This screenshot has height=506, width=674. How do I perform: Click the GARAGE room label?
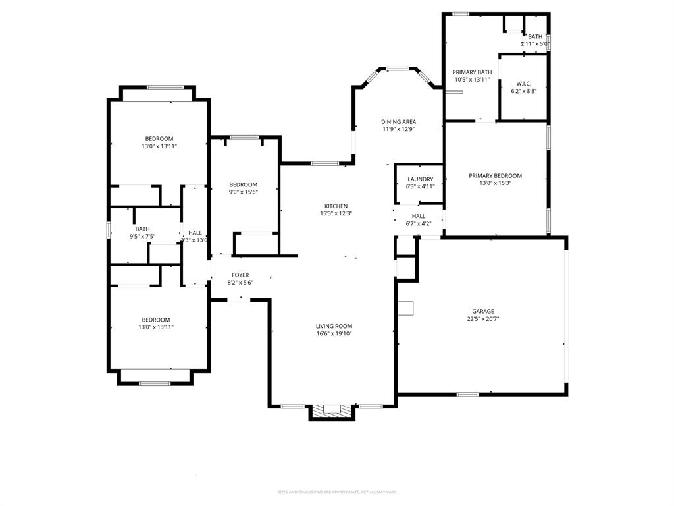point(482,312)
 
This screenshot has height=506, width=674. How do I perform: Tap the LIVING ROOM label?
point(334,326)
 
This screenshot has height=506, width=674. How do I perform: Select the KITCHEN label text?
point(336,206)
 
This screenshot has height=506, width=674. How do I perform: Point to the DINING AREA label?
point(398,122)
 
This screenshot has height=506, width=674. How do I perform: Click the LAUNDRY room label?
point(420,179)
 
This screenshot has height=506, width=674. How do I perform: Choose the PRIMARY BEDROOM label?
point(495,176)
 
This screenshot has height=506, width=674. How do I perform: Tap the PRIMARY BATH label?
point(472,72)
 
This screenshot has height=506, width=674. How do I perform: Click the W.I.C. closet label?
point(523,84)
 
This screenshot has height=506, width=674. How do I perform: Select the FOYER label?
point(240,275)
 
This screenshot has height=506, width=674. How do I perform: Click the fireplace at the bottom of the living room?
point(332,410)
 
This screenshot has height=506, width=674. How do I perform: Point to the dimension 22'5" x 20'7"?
point(482,319)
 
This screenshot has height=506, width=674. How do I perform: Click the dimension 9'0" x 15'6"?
point(243,192)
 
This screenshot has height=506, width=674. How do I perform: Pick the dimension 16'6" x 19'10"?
point(334,334)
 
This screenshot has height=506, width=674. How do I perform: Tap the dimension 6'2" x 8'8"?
point(523,91)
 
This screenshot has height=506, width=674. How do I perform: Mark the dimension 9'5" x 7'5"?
point(142,236)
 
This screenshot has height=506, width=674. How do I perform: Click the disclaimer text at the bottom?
point(337,492)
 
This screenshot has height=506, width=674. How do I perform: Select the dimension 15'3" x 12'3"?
point(336,213)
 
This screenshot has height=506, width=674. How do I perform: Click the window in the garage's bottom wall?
point(467,394)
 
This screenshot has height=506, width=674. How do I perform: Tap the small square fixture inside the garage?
point(405,308)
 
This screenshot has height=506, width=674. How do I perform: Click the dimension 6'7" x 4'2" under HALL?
point(419,223)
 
